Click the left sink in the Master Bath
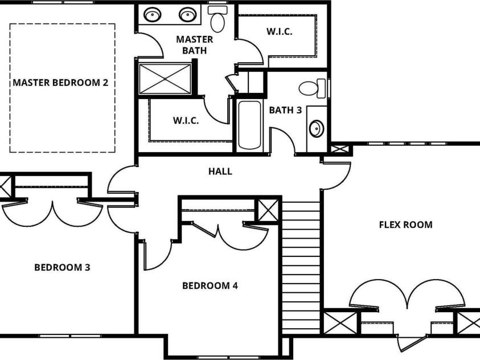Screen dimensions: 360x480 (152, 14)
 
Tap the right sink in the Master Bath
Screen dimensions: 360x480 (187, 14)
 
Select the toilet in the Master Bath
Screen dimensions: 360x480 (217, 20)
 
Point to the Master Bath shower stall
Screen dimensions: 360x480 (165, 79)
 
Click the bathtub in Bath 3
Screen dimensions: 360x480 (249, 125)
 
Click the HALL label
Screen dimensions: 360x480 (220, 171)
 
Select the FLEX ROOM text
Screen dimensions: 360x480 (405, 224)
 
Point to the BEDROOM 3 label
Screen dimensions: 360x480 (62, 267)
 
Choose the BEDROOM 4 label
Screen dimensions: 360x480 (210, 285)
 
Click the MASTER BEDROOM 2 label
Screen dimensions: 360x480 (60, 83)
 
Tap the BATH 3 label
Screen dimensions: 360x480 (285, 110)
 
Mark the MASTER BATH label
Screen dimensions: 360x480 (194, 44)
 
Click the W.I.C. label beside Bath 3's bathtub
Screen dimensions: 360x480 (186, 121)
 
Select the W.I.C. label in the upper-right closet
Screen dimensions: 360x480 (279, 32)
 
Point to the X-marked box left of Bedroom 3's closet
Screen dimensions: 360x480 (5, 186)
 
